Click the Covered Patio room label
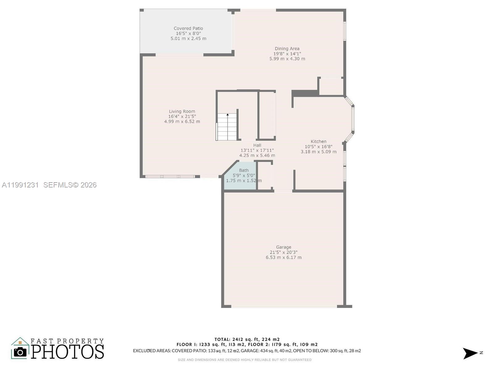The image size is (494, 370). pyautogui.click(x=188, y=28)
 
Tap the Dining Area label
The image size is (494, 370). pyautogui.click(x=287, y=48)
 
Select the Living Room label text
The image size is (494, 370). pyautogui.click(x=182, y=111)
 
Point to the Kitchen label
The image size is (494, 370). pyautogui.click(x=318, y=142)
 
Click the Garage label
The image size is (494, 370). pyautogui.click(x=283, y=247)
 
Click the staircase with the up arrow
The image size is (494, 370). pyautogui.click(x=227, y=127)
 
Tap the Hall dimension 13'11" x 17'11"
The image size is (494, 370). pyautogui.click(x=257, y=150)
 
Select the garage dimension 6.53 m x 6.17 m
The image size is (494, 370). pyautogui.click(x=283, y=257)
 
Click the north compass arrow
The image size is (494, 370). pyautogui.click(x=470, y=353)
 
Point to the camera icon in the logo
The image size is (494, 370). pyautogui.click(x=20, y=352)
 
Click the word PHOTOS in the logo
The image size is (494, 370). pyautogui.click(x=67, y=351)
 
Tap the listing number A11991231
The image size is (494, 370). pyautogui.click(x=20, y=185)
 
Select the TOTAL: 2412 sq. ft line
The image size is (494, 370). pyautogui.click(x=247, y=339)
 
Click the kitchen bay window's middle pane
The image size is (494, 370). pyautogui.click(x=353, y=119)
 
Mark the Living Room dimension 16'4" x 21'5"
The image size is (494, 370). pyautogui.click(x=182, y=116)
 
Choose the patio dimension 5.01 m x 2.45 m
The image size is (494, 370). pyautogui.click(x=188, y=39)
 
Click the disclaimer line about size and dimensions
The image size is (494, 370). pyautogui.click(x=245, y=360)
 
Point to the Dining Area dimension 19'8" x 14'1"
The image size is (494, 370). pyautogui.click(x=287, y=54)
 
